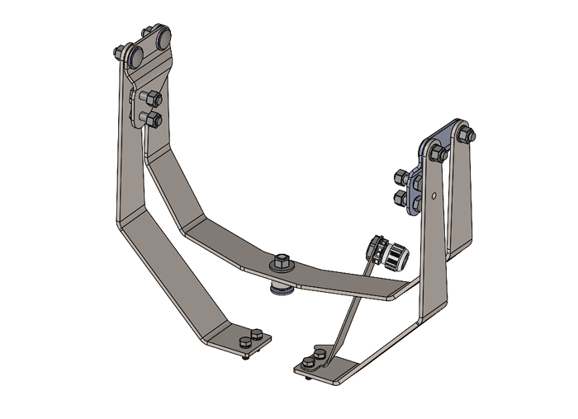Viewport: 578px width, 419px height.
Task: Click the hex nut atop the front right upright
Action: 439,153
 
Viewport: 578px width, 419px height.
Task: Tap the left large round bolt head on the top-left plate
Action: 135,55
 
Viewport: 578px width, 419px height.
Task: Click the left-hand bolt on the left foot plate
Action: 244,342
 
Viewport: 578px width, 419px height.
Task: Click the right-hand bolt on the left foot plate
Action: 258,334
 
